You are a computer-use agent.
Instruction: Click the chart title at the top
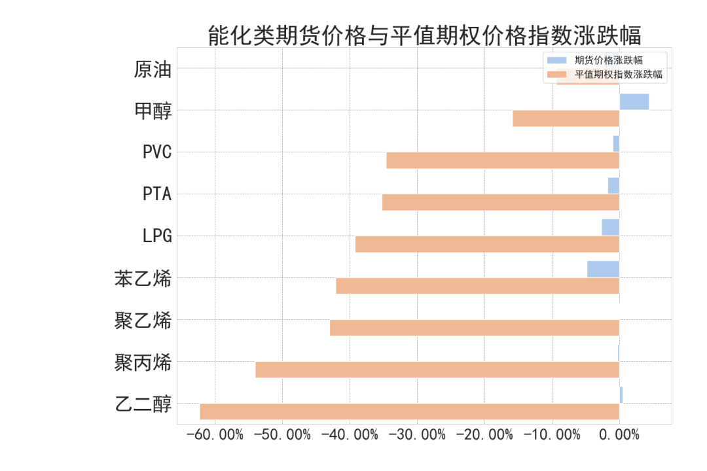[x=424, y=35]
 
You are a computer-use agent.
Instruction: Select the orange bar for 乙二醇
[x=409, y=411]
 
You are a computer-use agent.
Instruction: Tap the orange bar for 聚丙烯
[x=437, y=370]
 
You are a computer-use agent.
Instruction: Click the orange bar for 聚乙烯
[x=474, y=328]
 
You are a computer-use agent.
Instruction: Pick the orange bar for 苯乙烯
[x=477, y=286]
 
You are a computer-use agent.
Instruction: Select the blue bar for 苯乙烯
[x=603, y=269]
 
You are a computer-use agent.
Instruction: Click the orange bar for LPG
[x=487, y=244]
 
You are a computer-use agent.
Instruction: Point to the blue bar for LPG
[x=610, y=227]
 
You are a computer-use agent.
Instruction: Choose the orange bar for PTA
[x=500, y=202]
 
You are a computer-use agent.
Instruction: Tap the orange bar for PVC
[x=502, y=160]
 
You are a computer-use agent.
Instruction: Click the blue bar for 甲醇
[x=634, y=101]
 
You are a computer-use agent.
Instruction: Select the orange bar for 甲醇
[x=566, y=118]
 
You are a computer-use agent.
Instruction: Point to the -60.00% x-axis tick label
[x=215, y=435]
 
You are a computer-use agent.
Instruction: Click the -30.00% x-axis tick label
[x=417, y=435]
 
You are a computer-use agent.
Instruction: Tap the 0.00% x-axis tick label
[x=619, y=435]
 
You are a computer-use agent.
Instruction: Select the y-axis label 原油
[x=153, y=69]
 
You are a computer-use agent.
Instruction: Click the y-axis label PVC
[x=157, y=152]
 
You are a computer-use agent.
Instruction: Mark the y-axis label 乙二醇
[x=143, y=404]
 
